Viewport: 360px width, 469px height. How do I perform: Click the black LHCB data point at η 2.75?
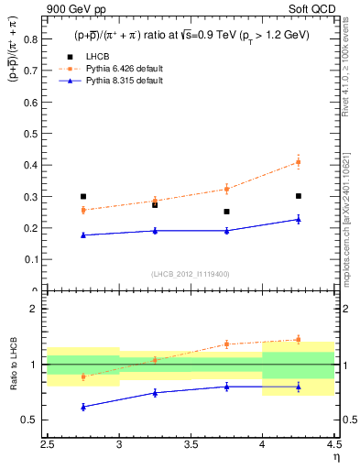(x=83, y=196)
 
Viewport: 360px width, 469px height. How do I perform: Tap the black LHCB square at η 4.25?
(x=299, y=196)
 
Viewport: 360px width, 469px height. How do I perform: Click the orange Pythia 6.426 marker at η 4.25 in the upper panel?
(x=299, y=162)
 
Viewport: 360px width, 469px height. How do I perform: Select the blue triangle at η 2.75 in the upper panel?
(x=83, y=235)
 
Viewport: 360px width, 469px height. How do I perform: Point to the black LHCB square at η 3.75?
(x=227, y=212)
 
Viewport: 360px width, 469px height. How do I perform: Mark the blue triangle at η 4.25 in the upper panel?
(x=299, y=219)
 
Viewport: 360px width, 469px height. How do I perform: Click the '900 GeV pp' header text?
(x=71, y=9)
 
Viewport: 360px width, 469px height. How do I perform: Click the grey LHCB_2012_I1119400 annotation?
(x=191, y=274)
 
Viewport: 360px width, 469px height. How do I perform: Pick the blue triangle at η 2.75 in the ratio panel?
(x=83, y=407)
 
